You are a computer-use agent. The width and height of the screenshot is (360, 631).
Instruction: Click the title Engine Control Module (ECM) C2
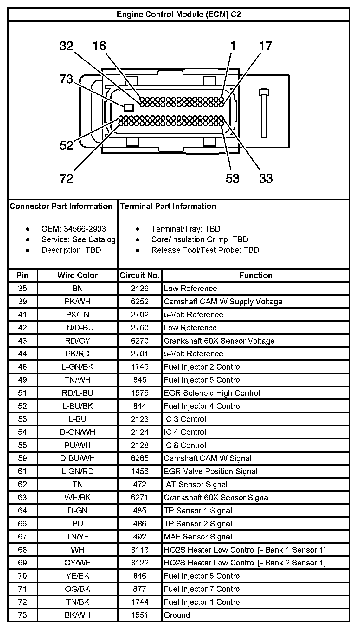179,15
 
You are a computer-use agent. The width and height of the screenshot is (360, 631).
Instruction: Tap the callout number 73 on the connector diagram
66,79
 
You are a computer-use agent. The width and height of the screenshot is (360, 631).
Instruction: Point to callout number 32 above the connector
66,46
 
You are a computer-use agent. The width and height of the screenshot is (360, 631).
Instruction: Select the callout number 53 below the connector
232,179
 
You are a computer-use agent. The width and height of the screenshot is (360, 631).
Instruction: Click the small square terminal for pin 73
128,107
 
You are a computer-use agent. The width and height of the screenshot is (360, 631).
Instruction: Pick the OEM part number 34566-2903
85,229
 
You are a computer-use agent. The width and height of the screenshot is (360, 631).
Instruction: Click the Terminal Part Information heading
168,206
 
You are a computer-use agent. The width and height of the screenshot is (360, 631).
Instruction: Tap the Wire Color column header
77,275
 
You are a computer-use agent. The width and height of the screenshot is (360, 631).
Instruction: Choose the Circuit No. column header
139,275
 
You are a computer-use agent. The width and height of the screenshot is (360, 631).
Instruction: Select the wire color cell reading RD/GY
77,341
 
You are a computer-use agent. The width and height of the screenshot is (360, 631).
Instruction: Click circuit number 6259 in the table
139,302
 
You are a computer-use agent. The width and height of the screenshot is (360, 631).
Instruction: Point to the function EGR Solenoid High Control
212,393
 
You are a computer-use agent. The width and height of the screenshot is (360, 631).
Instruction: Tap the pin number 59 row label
22,458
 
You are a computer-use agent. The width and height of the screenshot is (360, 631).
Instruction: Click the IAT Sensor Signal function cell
196,484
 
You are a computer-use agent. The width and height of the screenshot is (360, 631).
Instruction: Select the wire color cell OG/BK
77,589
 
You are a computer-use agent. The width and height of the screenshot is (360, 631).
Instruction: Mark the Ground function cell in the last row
177,615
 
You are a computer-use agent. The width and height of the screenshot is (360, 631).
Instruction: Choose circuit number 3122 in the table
139,563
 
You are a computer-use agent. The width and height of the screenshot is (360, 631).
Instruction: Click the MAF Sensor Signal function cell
198,537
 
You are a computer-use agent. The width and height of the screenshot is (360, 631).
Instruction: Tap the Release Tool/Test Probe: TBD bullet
205,250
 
